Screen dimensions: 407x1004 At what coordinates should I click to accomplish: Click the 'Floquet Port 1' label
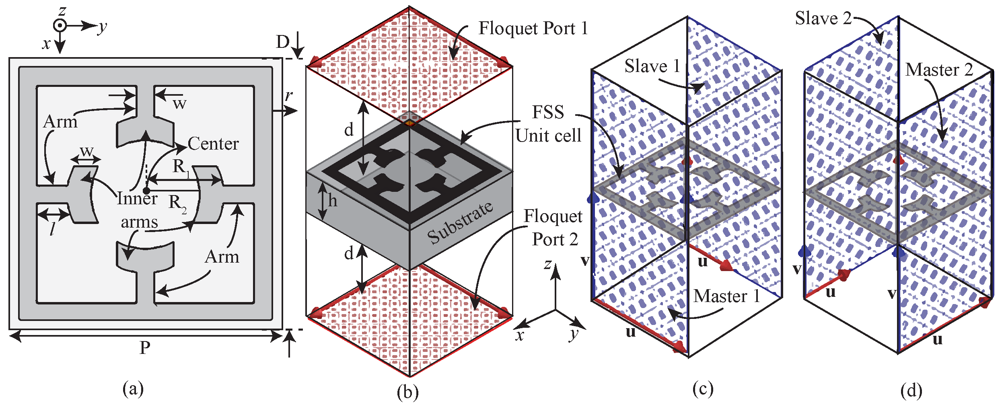pyautogui.click(x=533, y=29)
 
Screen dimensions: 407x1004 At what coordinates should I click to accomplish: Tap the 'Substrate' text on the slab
pyautogui.click(x=460, y=222)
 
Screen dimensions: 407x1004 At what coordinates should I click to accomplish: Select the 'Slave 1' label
pyautogui.click(x=652, y=66)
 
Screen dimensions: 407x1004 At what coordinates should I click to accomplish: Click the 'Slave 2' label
pyautogui.click(x=823, y=19)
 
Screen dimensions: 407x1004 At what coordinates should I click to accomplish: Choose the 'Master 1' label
pyautogui.click(x=726, y=296)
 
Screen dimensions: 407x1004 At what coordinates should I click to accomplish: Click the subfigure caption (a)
pyautogui.click(x=133, y=389)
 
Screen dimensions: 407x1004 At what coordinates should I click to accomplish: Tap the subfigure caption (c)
pyautogui.click(x=703, y=389)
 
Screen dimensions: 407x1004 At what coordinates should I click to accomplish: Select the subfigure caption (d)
pyautogui.click(x=911, y=391)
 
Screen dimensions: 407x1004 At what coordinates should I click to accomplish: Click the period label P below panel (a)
pyautogui.click(x=145, y=347)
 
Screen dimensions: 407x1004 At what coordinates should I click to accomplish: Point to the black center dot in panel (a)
pyautogui.click(x=147, y=190)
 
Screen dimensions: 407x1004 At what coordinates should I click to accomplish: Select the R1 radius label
pyautogui.click(x=181, y=166)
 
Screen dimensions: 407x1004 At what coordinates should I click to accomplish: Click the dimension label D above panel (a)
pyautogui.click(x=283, y=42)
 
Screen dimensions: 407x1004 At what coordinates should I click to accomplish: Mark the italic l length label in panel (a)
pyautogui.click(x=52, y=229)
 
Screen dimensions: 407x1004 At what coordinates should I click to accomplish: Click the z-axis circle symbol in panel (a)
pyautogui.click(x=60, y=26)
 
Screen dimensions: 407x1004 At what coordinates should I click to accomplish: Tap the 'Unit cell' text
pyautogui.click(x=548, y=136)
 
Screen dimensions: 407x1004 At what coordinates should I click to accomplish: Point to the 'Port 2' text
pyautogui.click(x=555, y=240)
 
